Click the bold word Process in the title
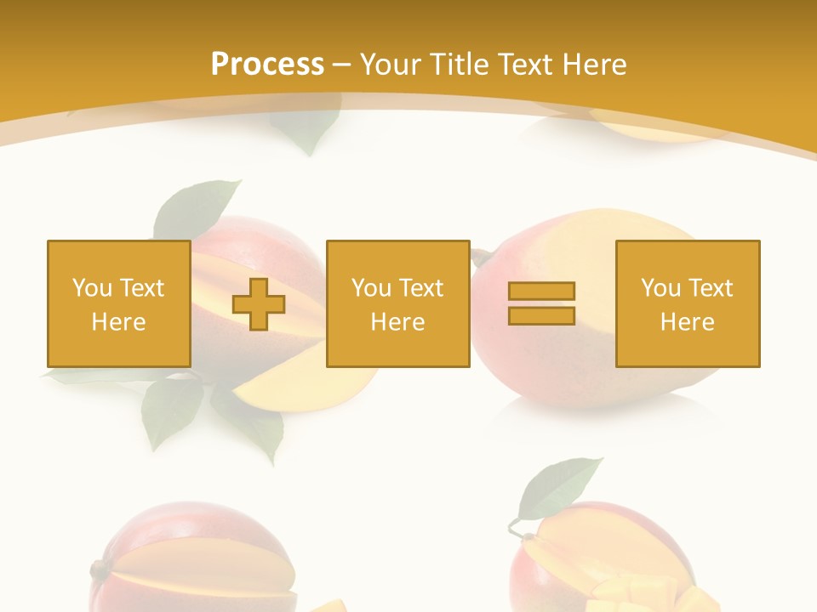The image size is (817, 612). click(x=267, y=65)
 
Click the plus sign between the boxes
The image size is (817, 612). click(x=259, y=304)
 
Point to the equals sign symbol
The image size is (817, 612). click(x=541, y=303)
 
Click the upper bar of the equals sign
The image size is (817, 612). click(x=541, y=292)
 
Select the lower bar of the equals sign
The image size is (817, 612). click(x=541, y=315)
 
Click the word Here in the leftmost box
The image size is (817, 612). click(x=118, y=322)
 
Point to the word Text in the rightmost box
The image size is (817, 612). click(x=709, y=288)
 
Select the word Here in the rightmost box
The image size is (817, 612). click(x=687, y=322)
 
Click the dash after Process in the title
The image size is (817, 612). click(x=342, y=65)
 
